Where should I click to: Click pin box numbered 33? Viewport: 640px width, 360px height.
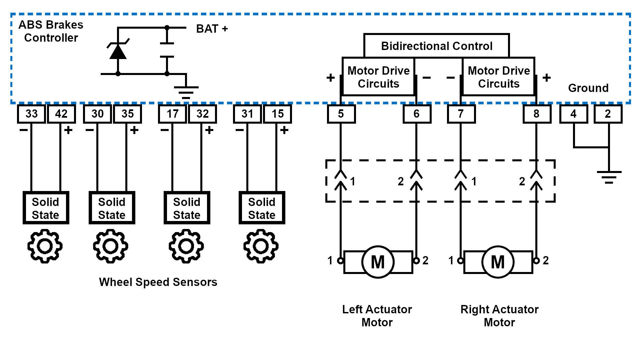(31, 114)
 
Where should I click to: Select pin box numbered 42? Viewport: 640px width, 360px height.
(61, 114)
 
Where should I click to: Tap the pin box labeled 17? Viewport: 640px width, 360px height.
(172, 114)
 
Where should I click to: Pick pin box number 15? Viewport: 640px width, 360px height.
(277, 114)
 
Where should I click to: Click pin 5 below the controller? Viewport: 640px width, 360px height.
(341, 114)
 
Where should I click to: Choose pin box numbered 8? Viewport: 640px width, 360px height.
(537, 114)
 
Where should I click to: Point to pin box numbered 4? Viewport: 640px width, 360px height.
(573, 114)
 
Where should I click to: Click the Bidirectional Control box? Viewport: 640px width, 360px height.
(437, 46)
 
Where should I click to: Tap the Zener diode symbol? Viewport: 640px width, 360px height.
(118, 51)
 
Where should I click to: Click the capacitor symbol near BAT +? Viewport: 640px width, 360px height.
(167, 50)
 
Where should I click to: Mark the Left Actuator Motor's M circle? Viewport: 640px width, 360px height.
(378, 262)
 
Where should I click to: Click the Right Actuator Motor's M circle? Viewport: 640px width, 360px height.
(498, 262)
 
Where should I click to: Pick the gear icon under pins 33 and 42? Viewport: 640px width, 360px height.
(45, 246)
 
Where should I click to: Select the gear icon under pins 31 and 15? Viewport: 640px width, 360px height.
(261, 246)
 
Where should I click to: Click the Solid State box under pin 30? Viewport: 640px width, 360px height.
(112, 208)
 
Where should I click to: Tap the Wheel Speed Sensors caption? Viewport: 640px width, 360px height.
(158, 282)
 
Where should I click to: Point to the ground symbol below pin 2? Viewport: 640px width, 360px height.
(609, 177)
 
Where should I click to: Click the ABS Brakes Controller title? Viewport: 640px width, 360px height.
(51, 31)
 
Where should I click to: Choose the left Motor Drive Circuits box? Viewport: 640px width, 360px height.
(378, 77)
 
